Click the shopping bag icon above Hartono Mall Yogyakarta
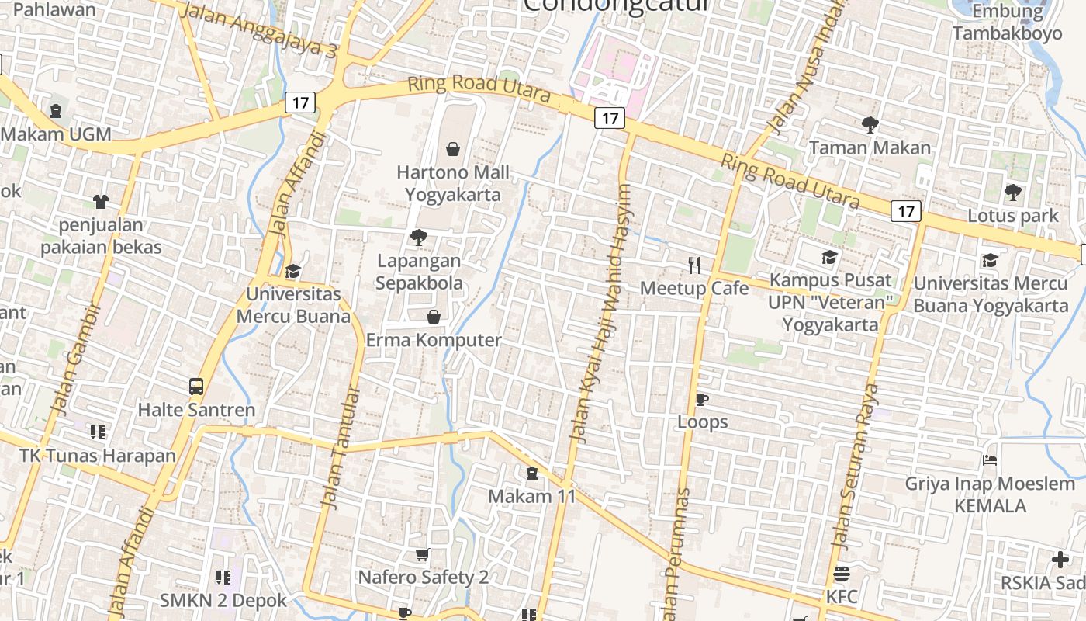(x=453, y=148)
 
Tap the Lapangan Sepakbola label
(x=419, y=272)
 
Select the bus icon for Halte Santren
(x=196, y=386)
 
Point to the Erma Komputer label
(x=434, y=340)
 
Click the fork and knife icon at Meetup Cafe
(x=694, y=265)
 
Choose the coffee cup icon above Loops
(x=702, y=399)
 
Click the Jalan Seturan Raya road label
(x=854, y=467)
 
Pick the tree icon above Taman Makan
(x=870, y=124)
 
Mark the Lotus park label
(x=1012, y=216)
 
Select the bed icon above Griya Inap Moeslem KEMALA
(x=989, y=460)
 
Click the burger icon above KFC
(x=842, y=574)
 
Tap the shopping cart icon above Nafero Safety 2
(x=423, y=554)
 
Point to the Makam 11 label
(x=532, y=496)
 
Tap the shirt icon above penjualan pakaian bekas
(x=100, y=202)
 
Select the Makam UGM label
(x=56, y=134)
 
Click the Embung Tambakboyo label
(x=1007, y=23)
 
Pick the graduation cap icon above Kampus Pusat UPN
(x=830, y=257)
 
